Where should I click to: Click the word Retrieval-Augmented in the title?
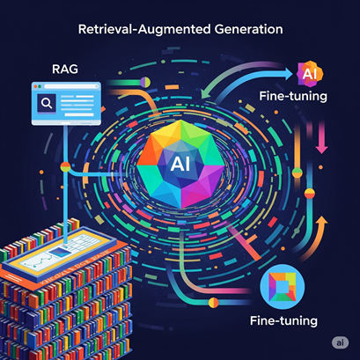click(145, 29)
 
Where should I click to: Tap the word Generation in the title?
click(249, 29)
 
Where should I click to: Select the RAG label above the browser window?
click(65, 70)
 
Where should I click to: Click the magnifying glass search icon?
click(47, 103)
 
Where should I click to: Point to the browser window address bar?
click(71, 86)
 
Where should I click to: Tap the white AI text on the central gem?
click(180, 164)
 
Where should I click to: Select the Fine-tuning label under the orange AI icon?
click(293, 96)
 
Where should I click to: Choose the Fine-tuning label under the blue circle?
click(283, 320)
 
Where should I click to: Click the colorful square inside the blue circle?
click(283, 287)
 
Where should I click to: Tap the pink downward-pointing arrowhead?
click(322, 148)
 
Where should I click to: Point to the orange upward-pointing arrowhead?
click(322, 222)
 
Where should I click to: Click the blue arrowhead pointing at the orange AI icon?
click(288, 74)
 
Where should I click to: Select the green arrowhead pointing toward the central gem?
click(205, 94)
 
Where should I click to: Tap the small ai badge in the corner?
click(340, 342)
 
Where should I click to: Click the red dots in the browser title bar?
click(36, 86)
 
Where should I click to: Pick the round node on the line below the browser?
click(65, 167)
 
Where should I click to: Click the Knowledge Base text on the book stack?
click(75, 268)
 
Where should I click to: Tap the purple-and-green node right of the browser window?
click(145, 83)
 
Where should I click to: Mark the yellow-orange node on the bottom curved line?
click(213, 302)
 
